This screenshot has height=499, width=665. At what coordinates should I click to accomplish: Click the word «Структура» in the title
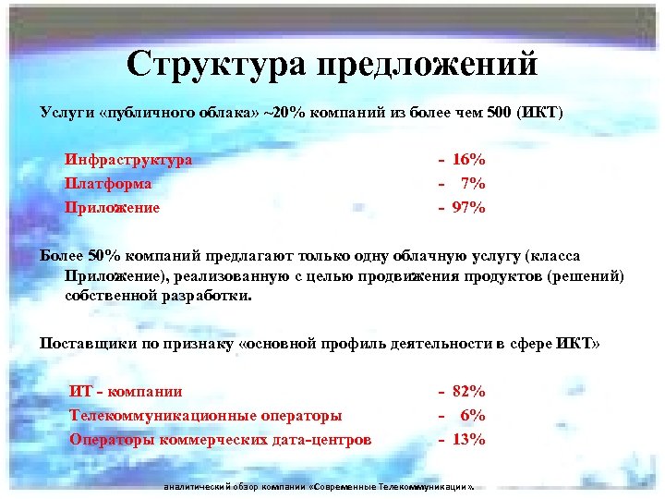[217, 64]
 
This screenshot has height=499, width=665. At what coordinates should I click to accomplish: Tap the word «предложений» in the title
[426, 64]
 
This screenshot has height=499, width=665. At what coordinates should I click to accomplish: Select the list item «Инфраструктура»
[128, 160]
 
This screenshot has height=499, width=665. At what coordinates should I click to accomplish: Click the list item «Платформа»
[108, 184]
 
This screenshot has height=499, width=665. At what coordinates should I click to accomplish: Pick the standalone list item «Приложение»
[112, 208]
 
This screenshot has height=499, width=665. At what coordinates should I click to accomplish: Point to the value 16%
[469, 160]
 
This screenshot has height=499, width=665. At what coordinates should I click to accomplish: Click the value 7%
[473, 184]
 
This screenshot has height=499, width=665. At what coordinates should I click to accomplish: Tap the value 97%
[469, 208]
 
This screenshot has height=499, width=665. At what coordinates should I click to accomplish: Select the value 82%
[469, 392]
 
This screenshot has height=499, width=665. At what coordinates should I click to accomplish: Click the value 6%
[473, 416]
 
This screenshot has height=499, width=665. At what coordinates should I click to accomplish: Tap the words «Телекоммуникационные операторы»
[206, 416]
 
